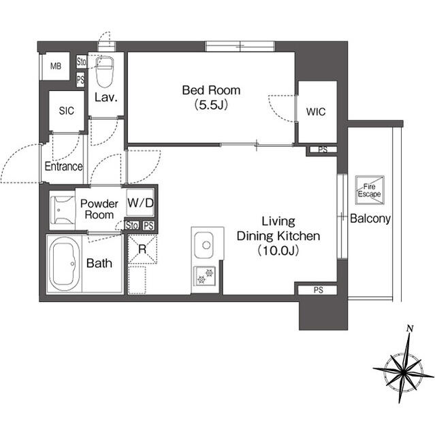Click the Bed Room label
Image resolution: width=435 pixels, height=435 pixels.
(x=210, y=90)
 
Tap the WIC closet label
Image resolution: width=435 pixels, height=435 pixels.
(x=316, y=111)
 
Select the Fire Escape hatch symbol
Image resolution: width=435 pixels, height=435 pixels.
(x=370, y=190)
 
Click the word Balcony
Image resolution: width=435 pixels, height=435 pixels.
(x=370, y=219)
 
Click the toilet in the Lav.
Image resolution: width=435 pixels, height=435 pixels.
(x=106, y=70)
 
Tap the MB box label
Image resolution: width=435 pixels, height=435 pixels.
(x=54, y=67)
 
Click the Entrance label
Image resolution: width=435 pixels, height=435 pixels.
(x=63, y=167)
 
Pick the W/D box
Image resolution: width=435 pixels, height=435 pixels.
(x=140, y=203)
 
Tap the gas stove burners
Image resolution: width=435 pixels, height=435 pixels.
(x=204, y=275)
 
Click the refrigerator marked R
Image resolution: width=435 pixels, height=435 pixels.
(x=142, y=248)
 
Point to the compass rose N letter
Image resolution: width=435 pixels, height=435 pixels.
(x=410, y=329)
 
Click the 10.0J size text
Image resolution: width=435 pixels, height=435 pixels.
(x=278, y=251)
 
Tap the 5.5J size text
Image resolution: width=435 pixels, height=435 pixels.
(x=210, y=105)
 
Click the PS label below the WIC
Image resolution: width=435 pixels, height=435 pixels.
(x=323, y=150)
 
